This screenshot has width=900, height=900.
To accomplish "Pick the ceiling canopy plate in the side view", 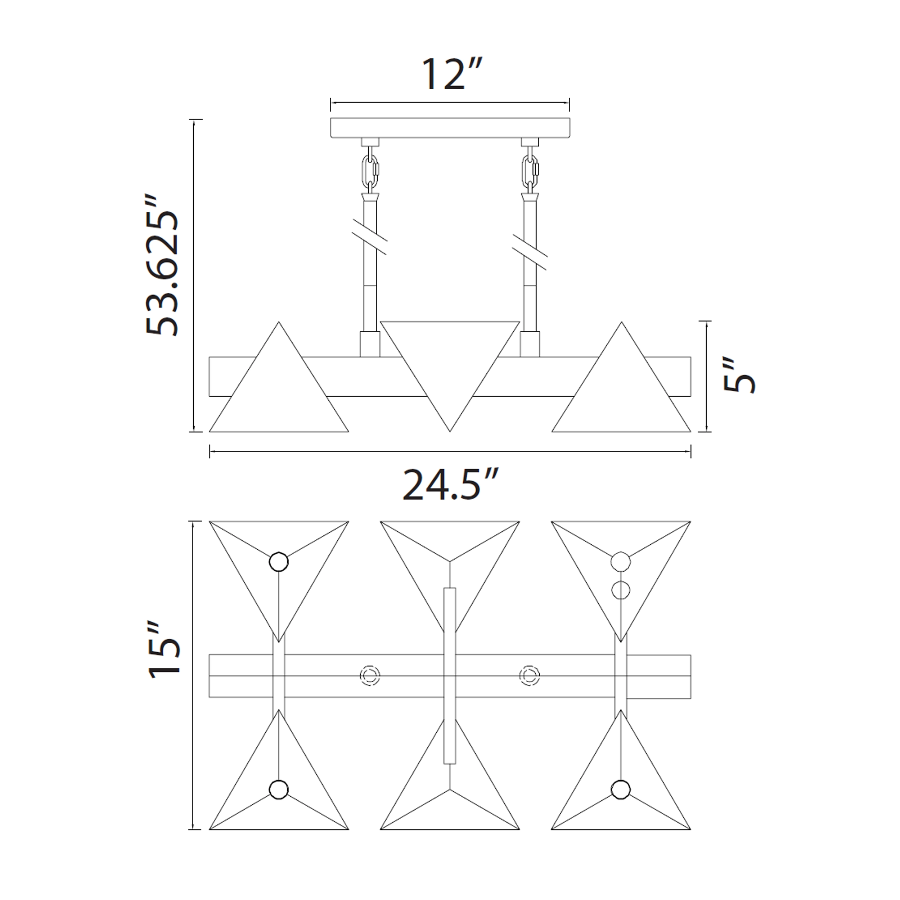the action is (x=450, y=128).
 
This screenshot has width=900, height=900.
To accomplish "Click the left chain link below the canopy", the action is (x=370, y=171).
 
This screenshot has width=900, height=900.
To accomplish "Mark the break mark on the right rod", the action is (x=530, y=252).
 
